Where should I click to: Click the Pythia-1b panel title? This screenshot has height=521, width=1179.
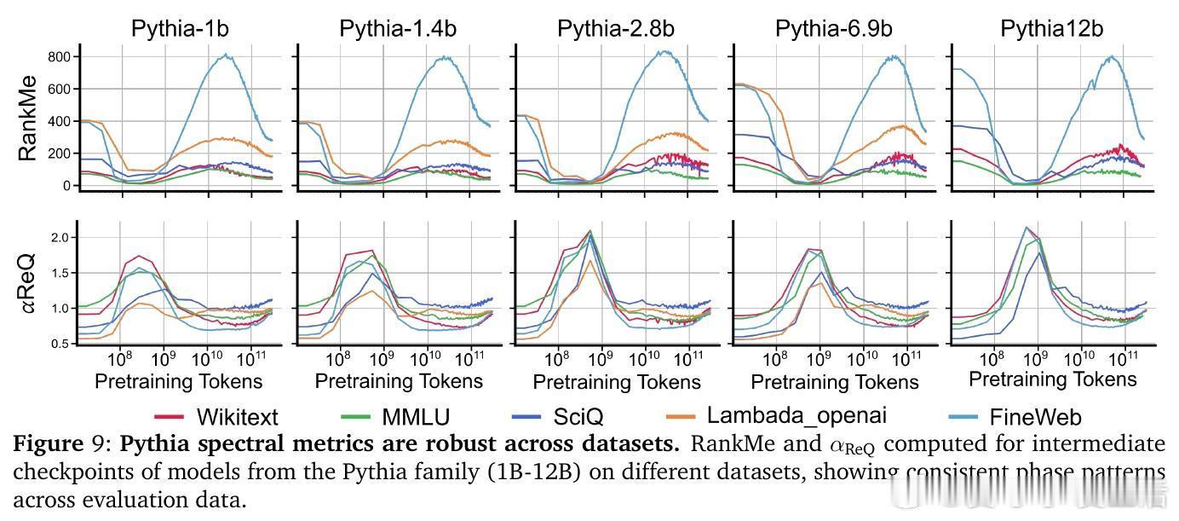tap(180, 28)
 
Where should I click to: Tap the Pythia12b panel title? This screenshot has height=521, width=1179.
tap(1051, 28)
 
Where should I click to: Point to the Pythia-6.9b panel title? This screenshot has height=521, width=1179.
tap(834, 28)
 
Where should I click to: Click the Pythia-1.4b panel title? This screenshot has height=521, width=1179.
tap(398, 28)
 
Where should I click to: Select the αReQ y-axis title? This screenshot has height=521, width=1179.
tap(28, 282)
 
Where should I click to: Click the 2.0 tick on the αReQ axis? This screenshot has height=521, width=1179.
tap(59, 237)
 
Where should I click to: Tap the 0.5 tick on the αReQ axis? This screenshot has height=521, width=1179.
tap(59, 344)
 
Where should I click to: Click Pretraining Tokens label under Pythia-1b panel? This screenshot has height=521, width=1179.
tap(178, 380)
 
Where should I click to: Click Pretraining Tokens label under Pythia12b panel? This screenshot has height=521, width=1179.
tap(1053, 379)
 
